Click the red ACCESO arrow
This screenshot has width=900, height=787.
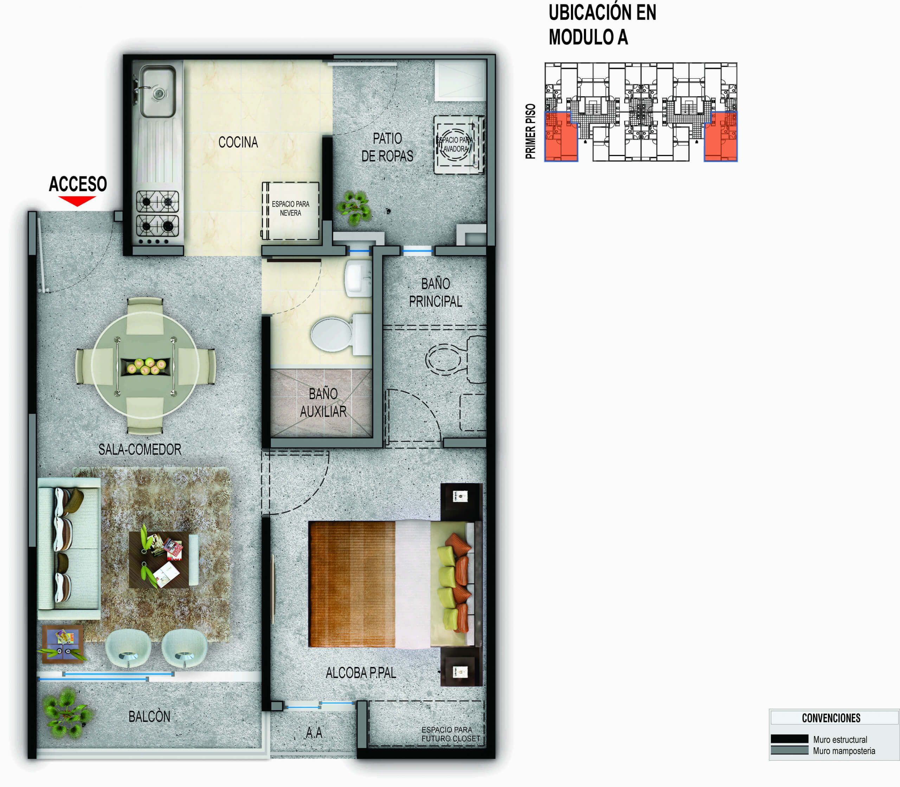tap(77, 201)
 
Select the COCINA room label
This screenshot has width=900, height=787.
tap(238, 142)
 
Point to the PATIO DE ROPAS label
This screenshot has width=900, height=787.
tap(387, 147)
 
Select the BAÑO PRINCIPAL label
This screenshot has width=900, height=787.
tap(435, 292)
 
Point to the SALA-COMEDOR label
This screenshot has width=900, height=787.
tap(140, 449)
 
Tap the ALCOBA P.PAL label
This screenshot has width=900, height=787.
tap(361, 673)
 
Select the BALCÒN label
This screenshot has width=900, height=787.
tap(149, 717)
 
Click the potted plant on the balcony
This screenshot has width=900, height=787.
tap(67, 713)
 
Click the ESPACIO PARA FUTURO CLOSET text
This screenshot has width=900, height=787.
tap(450, 734)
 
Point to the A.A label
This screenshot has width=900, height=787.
tap(314, 732)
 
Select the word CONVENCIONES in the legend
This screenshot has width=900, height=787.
tap(831, 718)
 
